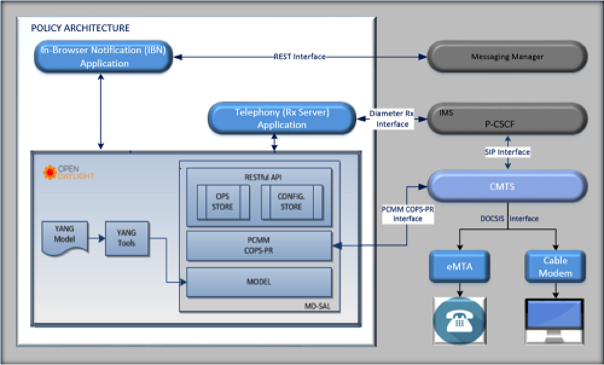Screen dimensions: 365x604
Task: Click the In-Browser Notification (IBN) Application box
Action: coord(104,57)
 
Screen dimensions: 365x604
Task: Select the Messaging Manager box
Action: coord(507,57)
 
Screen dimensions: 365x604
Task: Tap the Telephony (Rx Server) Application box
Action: coord(281,118)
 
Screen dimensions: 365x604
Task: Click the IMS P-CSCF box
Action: coord(507,118)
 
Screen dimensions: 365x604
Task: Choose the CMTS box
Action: coord(507,186)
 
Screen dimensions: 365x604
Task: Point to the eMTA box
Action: coord(458,266)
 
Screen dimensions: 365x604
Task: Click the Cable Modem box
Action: coord(555,266)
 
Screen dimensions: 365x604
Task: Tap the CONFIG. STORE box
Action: coord(292,202)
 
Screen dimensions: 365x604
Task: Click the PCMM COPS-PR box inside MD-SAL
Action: coord(259,246)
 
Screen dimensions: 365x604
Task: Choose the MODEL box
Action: coord(259,282)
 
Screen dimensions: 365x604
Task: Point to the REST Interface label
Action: coord(300,57)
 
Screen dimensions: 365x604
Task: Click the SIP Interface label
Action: coord(507,152)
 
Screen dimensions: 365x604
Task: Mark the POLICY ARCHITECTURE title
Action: coord(80,28)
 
